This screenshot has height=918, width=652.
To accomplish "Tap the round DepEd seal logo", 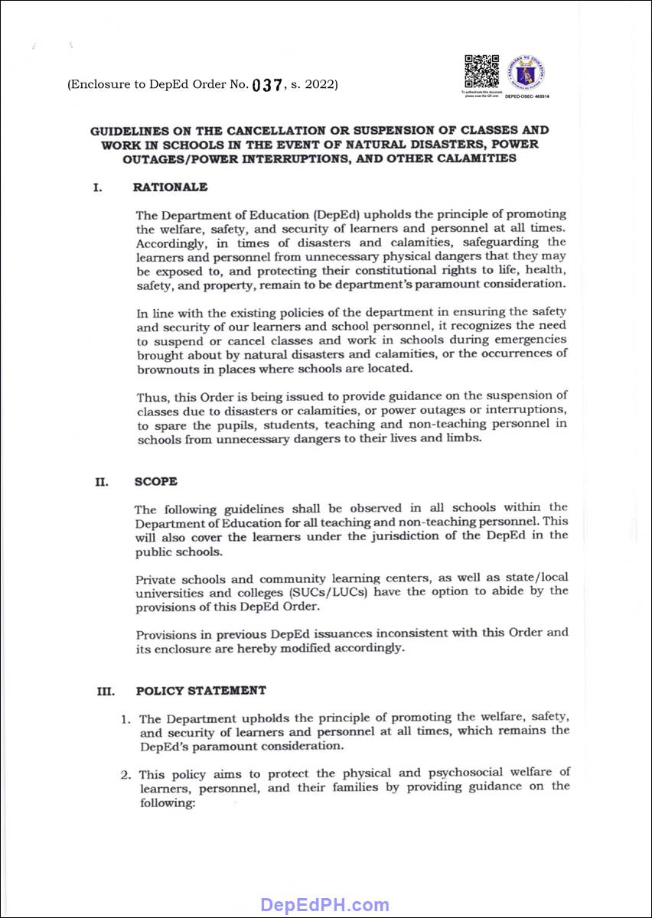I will click(x=528, y=75).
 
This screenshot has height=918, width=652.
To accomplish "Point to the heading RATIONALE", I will click(x=170, y=187).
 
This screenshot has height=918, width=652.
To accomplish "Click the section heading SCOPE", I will click(x=155, y=482).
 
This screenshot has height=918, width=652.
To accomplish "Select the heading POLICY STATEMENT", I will click(x=201, y=691).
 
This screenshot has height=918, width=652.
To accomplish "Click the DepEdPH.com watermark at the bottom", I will click(x=325, y=906).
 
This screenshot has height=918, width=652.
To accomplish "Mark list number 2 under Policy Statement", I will click(x=126, y=773).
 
